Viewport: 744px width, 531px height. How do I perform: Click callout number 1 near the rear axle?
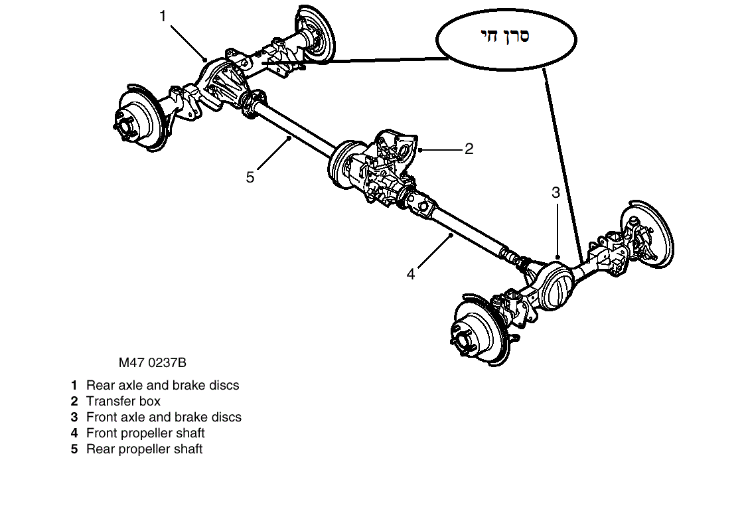click(163, 17)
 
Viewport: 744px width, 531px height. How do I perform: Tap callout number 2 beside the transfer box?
click(469, 149)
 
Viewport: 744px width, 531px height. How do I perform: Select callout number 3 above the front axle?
click(556, 193)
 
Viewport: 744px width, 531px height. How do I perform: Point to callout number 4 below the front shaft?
click(411, 273)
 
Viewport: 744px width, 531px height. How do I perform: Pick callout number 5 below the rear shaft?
click(250, 177)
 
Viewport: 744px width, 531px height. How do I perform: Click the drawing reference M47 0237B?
click(153, 363)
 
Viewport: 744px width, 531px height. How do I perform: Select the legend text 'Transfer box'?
click(123, 401)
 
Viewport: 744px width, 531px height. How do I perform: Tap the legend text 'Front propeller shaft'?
click(145, 433)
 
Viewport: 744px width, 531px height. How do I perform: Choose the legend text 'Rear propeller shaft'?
click(144, 449)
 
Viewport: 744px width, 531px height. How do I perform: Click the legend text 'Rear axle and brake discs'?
click(163, 385)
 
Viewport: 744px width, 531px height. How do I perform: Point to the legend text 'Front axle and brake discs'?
click(164, 417)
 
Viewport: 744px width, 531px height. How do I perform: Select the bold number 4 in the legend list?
click(74, 433)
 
